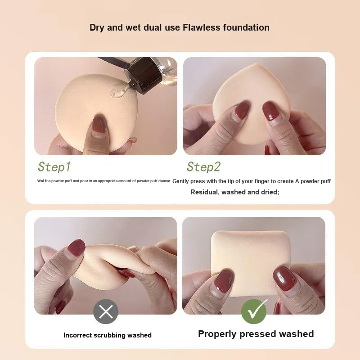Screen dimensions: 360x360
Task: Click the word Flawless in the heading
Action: tap(201, 27)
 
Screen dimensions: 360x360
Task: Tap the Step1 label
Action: tap(54, 166)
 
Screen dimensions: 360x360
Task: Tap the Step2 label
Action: tap(203, 166)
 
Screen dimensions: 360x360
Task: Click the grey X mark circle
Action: tap(106, 311)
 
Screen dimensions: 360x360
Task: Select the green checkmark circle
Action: tap(254, 311)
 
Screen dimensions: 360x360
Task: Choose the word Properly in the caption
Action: tap(217, 334)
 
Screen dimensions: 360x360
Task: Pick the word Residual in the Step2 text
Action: tap(205, 192)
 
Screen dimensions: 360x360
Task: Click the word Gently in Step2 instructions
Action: tap(180, 181)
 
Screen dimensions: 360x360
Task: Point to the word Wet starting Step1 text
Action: tap(40, 181)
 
